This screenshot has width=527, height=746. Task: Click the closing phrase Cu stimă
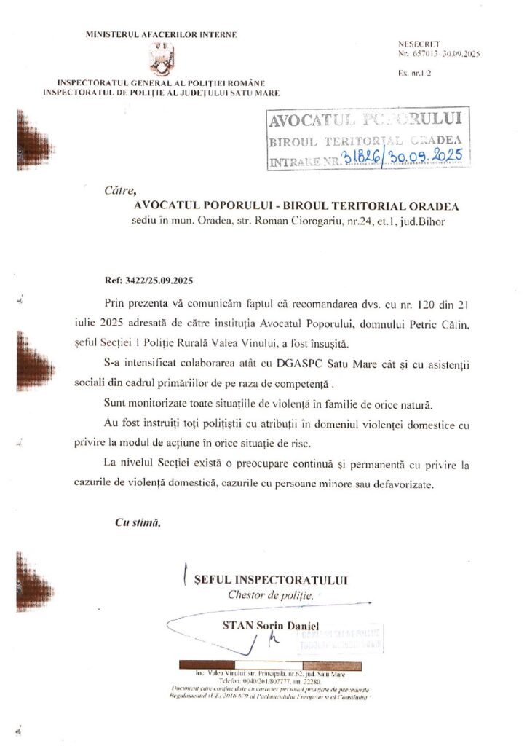(x=138, y=522)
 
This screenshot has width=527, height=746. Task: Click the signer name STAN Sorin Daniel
(x=275, y=625)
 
